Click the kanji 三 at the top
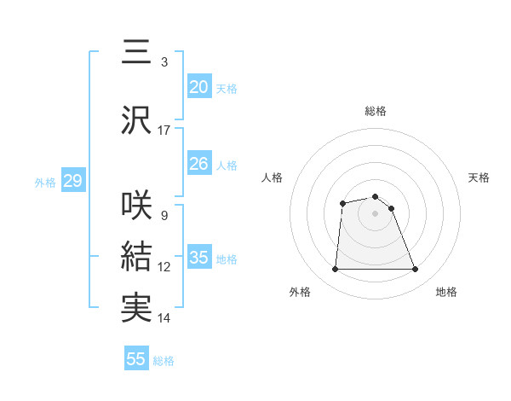click(x=136, y=53)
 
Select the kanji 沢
click(x=136, y=120)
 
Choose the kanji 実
click(x=136, y=307)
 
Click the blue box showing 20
click(x=198, y=87)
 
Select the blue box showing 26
click(x=198, y=164)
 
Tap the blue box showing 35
click(x=198, y=258)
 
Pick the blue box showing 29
click(x=72, y=181)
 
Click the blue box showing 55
click(x=136, y=359)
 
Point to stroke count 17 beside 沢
click(x=164, y=131)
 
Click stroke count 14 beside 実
click(x=164, y=318)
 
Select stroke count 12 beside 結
click(x=164, y=267)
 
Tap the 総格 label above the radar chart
click(x=376, y=111)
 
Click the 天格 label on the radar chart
click(x=479, y=177)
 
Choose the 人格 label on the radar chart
click(x=273, y=177)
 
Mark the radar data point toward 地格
click(x=416, y=270)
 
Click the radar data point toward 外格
click(x=335, y=270)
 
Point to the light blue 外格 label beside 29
click(x=45, y=182)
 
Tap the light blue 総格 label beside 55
click(x=164, y=361)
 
